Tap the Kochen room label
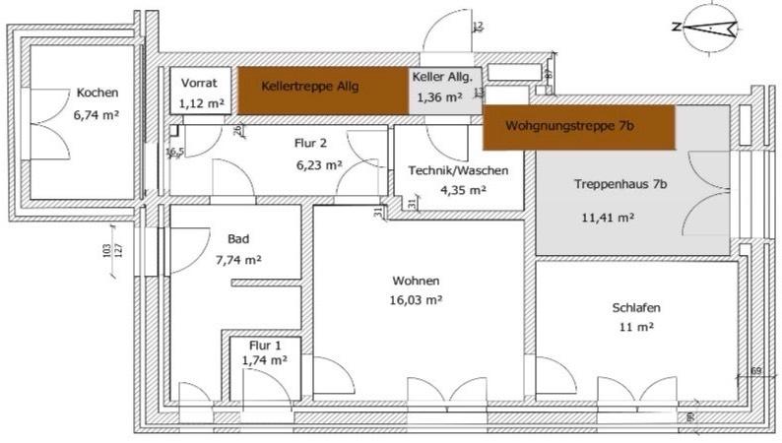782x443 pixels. point(97,94)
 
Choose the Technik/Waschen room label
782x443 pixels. point(458,170)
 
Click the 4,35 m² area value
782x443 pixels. point(463,190)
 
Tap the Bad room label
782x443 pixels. point(237,239)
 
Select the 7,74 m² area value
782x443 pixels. point(237,260)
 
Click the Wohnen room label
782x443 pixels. point(415,281)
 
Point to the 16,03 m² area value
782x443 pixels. point(415,300)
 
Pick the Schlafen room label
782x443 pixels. point(635,306)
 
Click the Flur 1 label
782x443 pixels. point(264,346)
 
